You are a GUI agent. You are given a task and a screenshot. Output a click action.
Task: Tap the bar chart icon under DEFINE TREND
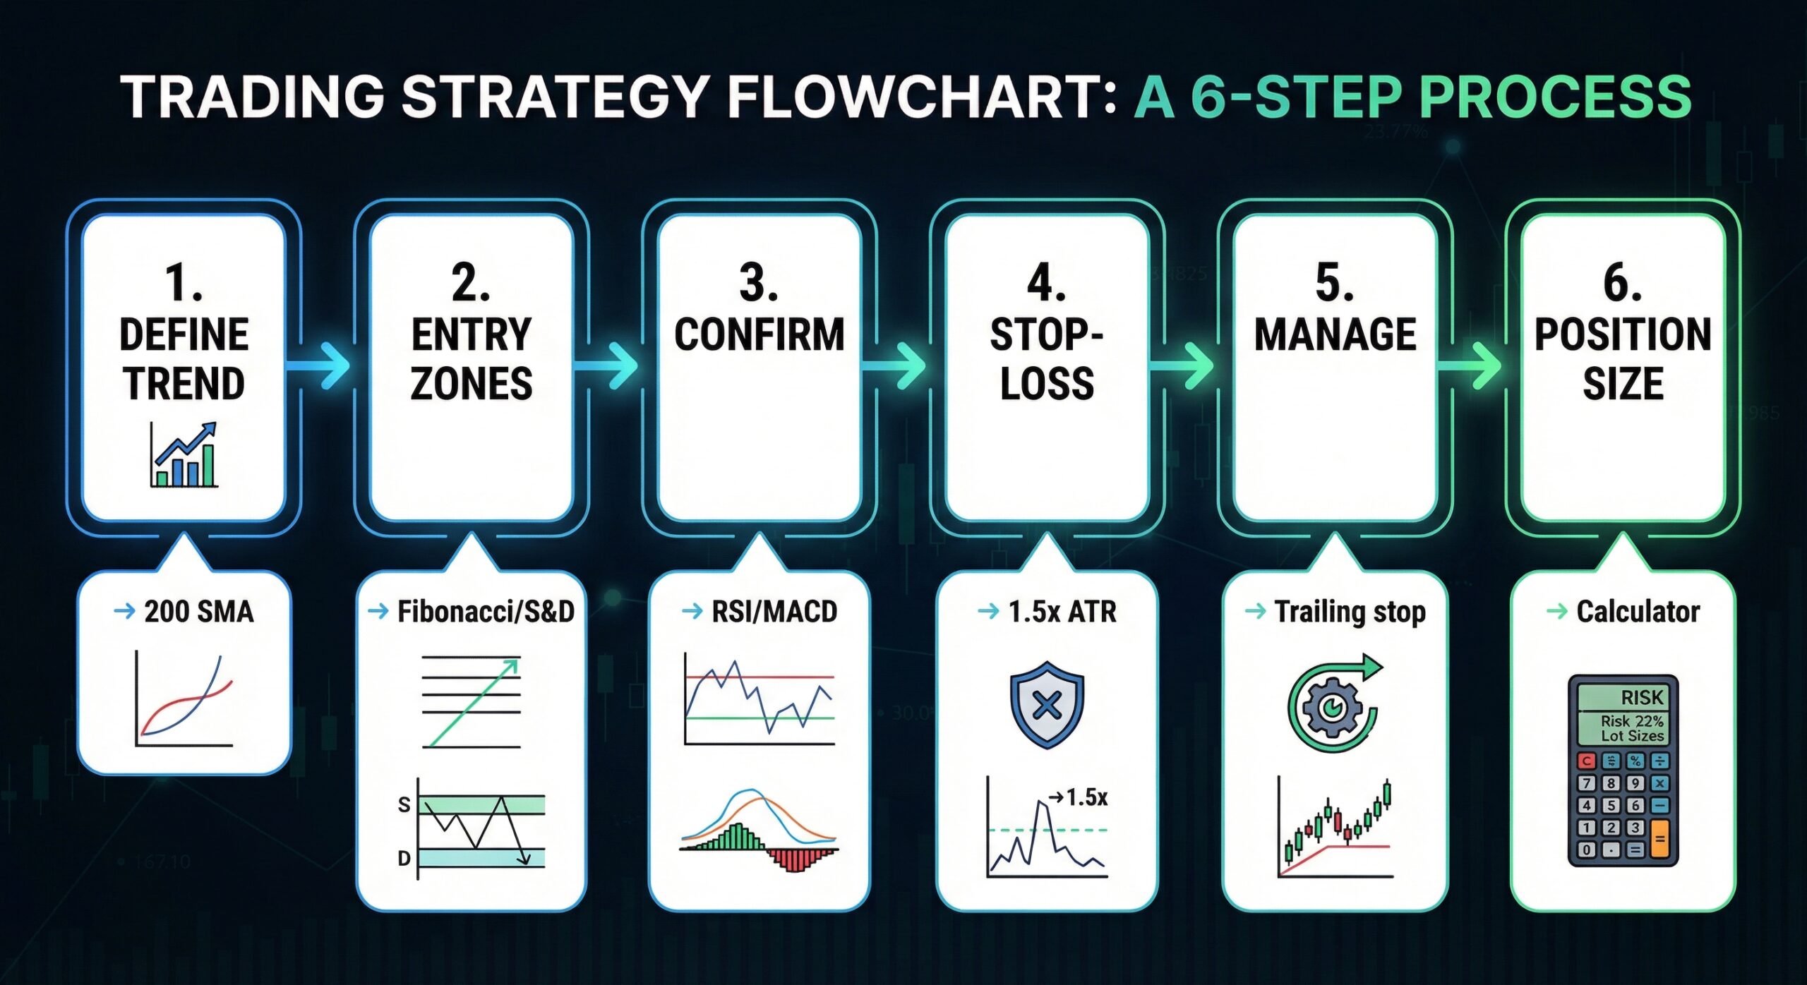coord(184,455)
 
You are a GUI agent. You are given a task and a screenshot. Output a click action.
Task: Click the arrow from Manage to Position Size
coord(1471,365)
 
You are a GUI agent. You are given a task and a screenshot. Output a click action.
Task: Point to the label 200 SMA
coord(198,611)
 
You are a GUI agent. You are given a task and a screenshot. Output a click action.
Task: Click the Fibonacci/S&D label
coord(486,611)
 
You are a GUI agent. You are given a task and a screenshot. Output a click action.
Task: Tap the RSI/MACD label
coord(774,611)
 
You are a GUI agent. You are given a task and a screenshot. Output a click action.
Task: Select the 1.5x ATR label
coord(1062,611)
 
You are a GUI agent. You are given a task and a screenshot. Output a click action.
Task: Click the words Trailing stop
coord(1350,611)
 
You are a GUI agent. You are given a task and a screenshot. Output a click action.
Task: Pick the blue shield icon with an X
coord(1047,704)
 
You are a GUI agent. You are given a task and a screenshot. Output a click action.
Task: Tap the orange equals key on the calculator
coord(1659,839)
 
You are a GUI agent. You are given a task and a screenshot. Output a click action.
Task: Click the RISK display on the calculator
coord(1623,697)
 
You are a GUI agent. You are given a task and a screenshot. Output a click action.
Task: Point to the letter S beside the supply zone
coord(404,804)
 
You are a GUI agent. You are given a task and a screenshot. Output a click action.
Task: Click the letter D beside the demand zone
coord(404,858)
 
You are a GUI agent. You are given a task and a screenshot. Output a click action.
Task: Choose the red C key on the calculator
coord(1587,761)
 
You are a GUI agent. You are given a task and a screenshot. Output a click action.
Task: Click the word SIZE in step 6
coord(1623,384)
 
